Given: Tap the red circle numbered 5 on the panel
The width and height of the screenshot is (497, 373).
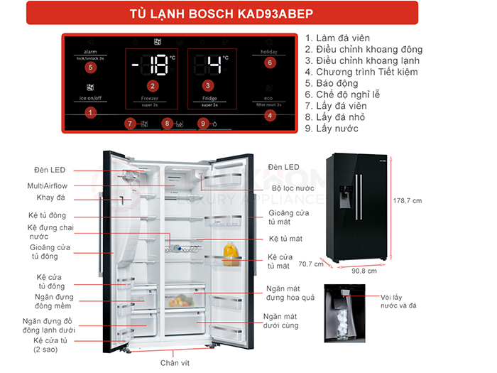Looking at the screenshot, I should coord(90,67).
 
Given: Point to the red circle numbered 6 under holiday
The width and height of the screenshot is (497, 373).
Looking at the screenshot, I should coord(269,63).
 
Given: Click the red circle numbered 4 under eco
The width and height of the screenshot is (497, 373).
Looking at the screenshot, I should coord(269,115).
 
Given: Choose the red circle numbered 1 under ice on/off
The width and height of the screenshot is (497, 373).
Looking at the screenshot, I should coord(90,112).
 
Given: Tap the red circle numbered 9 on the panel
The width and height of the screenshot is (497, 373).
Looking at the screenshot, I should coord(204,124).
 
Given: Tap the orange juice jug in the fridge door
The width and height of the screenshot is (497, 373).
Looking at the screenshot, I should coord(229,253).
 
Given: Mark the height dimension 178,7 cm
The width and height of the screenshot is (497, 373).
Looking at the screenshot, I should coord(408,201).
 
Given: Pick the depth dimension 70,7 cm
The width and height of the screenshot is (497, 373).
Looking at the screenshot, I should coord(310,264).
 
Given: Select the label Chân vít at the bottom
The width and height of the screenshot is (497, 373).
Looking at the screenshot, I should coord(175,363).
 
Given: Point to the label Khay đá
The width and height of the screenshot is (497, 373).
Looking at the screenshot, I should coord(50,198).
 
